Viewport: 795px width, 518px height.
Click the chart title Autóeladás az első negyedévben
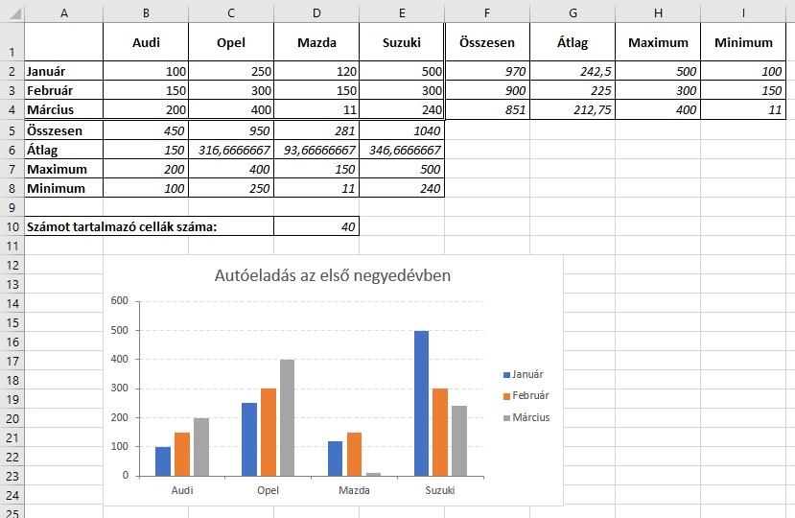point(333,276)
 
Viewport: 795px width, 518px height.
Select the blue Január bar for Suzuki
point(421,403)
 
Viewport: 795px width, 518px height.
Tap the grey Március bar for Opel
point(287,417)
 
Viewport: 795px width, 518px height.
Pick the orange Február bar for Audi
point(182,454)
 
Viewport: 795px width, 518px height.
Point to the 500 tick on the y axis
point(119,330)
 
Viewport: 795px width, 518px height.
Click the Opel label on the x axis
point(269,490)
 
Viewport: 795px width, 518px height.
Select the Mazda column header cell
point(316,42)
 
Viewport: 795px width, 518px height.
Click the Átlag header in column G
point(573,42)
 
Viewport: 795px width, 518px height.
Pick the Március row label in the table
point(50,110)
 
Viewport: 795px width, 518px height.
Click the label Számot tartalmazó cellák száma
point(121,227)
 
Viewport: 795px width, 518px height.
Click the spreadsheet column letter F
point(487,12)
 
